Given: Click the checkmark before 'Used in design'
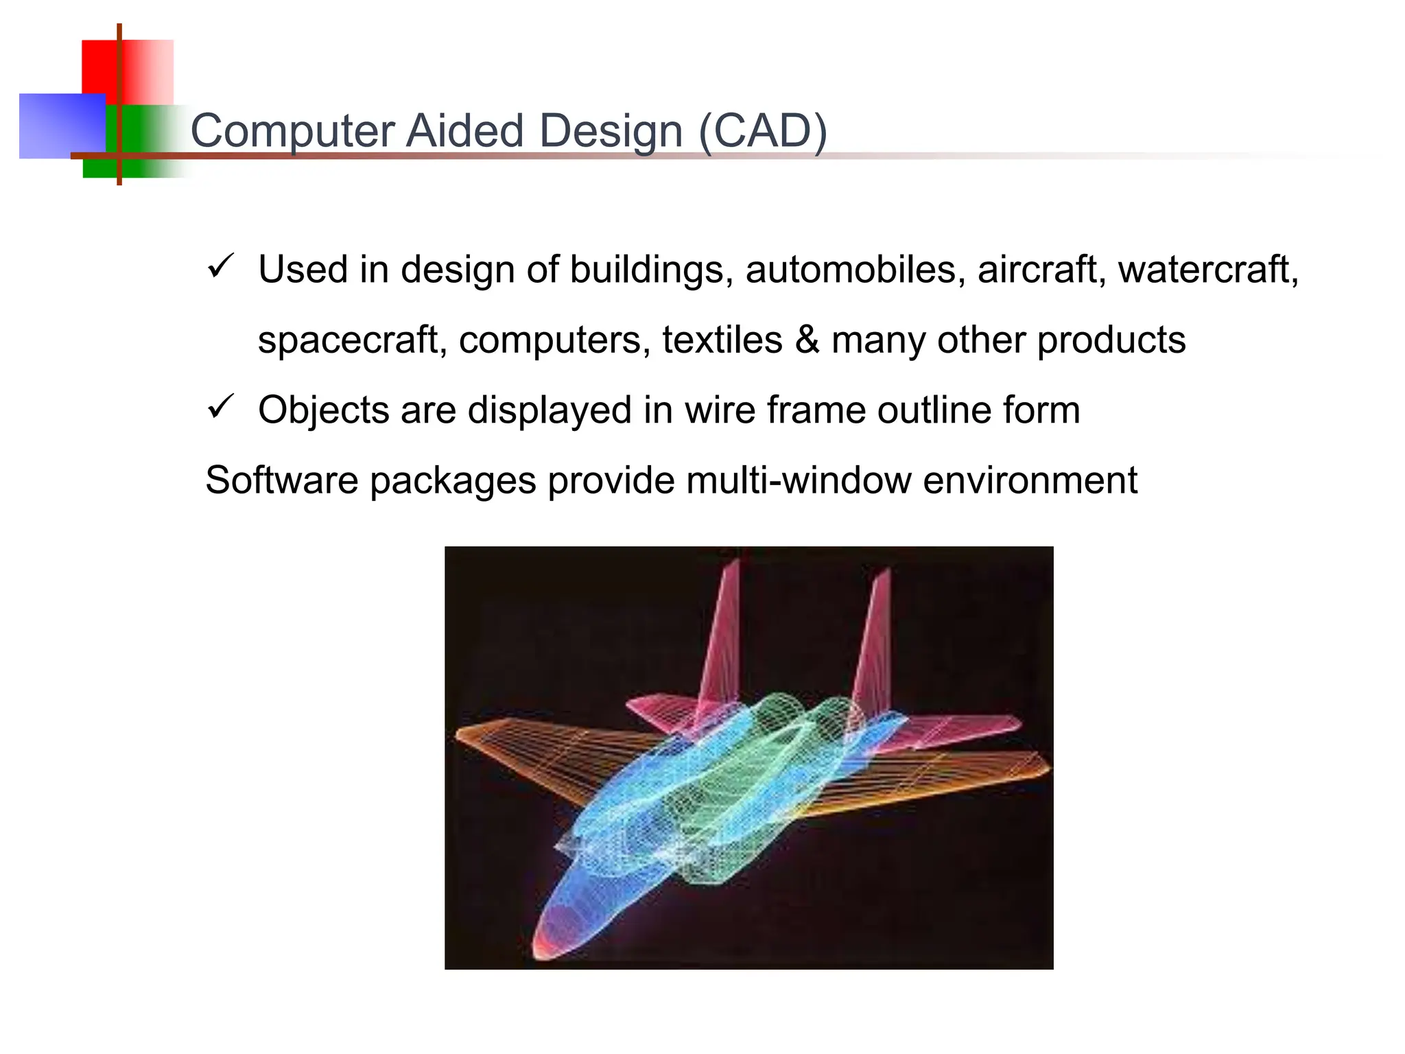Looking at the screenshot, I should (220, 266).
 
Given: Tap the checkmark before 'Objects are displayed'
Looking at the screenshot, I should (220, 408).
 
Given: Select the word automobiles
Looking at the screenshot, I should (850, 269).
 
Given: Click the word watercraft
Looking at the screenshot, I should (1207, 269).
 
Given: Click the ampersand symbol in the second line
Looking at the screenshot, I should (807, 339).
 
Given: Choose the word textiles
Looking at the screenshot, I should (722, 339).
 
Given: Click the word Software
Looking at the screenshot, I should (281, 480).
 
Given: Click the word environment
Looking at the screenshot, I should (1030, 480).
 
